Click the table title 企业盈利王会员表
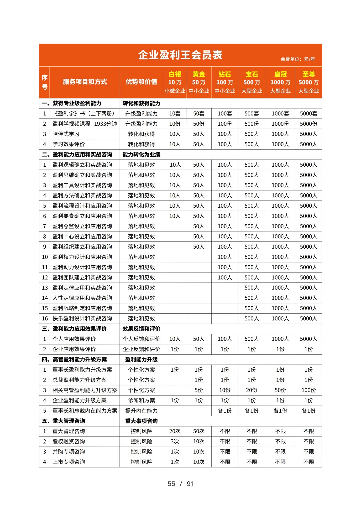(x=180, y=55)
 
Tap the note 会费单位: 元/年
(x=297, y=59)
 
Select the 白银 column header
(x=175, y=82)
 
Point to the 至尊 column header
(x=308, y=82)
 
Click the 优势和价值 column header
(x=141, y=82)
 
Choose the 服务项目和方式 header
(x=85, y=82)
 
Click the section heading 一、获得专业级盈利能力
(x=72, y=103)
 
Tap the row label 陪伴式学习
(x=66, y=134)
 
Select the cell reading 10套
(x=175, y=114)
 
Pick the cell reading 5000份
(x=308, y=124)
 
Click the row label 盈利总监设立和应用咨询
(x=82, y=226)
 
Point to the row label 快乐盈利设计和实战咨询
(x=82, y=319)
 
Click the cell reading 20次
(x=175, y=431)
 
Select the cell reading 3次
(x=175, y=441)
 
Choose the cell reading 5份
(x=199, y=390)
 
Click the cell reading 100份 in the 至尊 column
(x=308, y=390)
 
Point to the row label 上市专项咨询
(x=69, y=462)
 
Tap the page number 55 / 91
(x=180, y=484)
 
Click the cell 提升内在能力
(x=141, y=411)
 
